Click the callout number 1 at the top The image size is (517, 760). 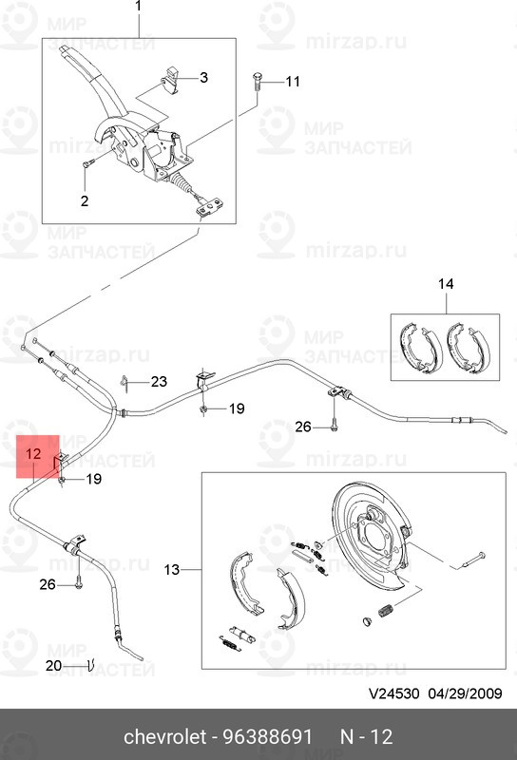(139, 7)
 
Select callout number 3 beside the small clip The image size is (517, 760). (203, 77)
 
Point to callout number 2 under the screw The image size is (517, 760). (85, 200)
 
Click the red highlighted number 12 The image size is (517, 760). (33, 454)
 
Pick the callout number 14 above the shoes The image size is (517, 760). (446, 283)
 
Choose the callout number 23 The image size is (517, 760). (159, 382)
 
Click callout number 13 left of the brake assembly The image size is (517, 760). (172, 569)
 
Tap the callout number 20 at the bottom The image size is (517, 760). (54, 666)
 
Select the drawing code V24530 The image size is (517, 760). (393, 693)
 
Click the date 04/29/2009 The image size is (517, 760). (465, 693)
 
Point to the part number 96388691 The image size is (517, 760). (268, 737)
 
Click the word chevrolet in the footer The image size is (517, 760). (165, 737)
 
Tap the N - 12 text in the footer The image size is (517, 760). (366, 737)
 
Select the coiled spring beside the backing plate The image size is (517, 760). (385, 610)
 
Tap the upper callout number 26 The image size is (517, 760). (303, 427)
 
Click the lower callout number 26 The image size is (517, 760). (48, 584)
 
